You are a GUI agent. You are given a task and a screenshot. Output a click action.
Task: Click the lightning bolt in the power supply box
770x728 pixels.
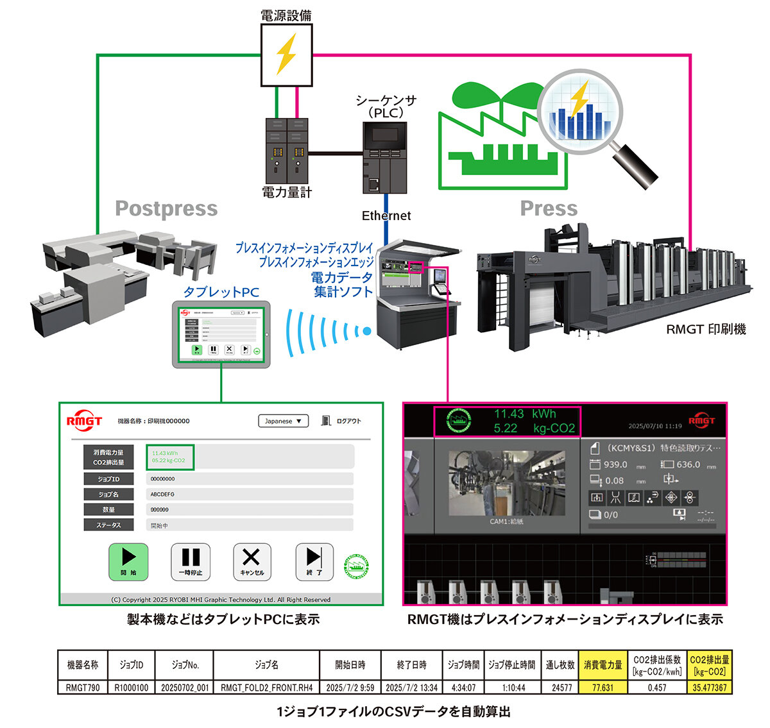(x=286, y=55)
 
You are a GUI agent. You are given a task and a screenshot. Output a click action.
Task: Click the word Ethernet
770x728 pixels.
(x=386, y=216)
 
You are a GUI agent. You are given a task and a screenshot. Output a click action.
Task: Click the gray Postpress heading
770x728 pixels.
(x=166, y=208)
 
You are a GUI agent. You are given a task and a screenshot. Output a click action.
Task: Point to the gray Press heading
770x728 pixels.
(x=549, y=208)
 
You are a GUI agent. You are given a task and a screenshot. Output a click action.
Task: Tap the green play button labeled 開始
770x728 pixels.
(x=128, y=562)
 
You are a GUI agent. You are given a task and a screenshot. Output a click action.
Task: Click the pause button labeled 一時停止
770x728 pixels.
(x=191, y=562)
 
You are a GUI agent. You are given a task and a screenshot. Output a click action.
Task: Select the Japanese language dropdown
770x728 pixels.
(x=283, y=421)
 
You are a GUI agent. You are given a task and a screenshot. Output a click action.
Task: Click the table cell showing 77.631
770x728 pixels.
(x=603, y=687)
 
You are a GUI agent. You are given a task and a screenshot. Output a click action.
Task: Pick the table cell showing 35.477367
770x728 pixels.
(x=709, y=687)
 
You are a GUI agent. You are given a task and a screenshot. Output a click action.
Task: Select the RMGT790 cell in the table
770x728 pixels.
(x=83, y=687)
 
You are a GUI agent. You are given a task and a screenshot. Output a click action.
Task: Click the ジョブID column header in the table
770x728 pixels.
(x=131, y=665)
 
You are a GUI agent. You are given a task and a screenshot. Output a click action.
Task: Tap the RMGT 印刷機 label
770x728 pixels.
(x=706, y=329)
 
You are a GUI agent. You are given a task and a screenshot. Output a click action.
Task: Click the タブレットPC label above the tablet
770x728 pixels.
(x=221, y=292)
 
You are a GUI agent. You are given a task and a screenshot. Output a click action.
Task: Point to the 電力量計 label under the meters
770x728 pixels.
(x=287, y=192)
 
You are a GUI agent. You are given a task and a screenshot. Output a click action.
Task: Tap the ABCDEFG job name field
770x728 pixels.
(x=250, y=495)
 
